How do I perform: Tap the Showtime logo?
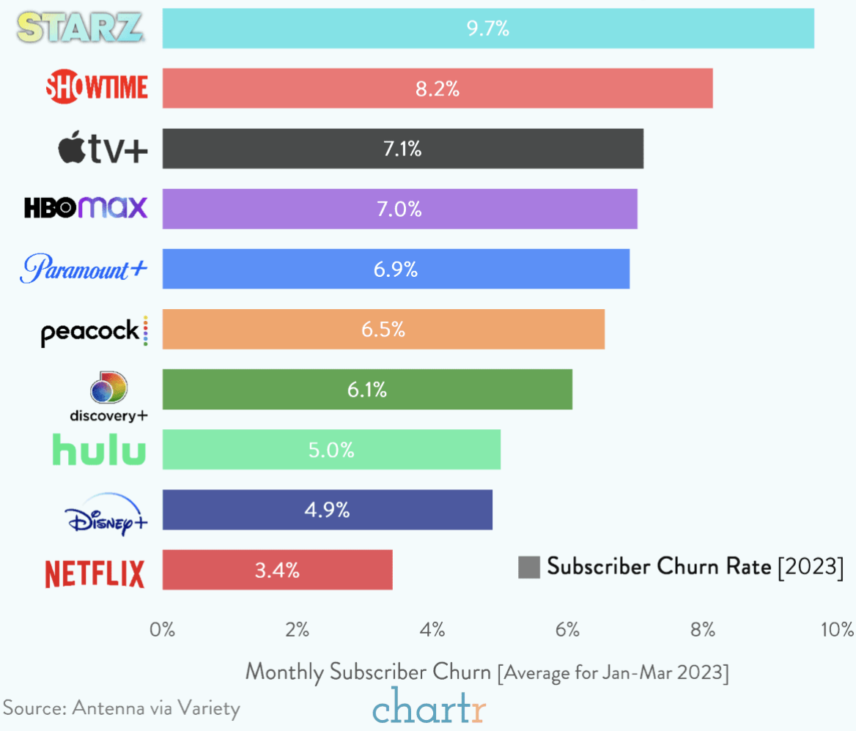tap(97, 88)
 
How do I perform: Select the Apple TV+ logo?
tap(103, 149)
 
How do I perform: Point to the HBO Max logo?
tap(86, 209)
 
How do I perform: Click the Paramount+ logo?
tap(84, 269)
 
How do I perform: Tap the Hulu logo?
tap(99, 450)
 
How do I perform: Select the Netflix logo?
tap(95, 574)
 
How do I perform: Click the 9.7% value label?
tap(487, 29)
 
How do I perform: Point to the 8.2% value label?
tap(438, 89)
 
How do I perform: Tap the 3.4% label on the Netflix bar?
tap(277, 570)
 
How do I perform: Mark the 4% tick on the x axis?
tap(432, 629)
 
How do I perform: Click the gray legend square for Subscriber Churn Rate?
tap(528, 567)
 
